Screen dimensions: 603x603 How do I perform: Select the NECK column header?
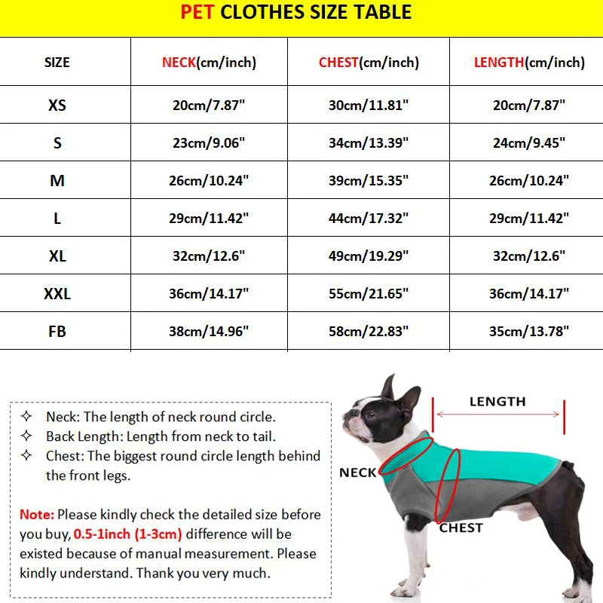coord(209,63)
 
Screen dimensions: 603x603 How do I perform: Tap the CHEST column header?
coord(369,63)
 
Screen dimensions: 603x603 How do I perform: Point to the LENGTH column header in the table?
coord(529,63)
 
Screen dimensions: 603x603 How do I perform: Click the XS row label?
coord(57,106)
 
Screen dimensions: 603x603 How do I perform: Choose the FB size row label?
coord(57,331)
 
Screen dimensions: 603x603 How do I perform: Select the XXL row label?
coord(57,293)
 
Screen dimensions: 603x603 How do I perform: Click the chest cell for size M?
coord(369,181)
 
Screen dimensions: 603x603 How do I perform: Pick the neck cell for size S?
coord(209,143)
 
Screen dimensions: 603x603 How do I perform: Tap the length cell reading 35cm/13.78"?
coord(529,331)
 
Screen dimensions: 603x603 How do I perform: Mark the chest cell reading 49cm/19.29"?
coord(369,256)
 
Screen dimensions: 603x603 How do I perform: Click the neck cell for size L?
coord(209,219)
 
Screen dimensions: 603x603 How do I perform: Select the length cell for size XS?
coord(529,106)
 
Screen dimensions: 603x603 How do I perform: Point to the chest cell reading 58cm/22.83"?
coord(369,331)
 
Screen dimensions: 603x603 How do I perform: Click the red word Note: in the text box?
coord(37,515)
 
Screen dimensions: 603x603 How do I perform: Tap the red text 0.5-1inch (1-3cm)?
coord(128,534)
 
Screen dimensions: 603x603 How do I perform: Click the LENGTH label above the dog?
coord(497,402)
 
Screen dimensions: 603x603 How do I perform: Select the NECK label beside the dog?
coord(357,473)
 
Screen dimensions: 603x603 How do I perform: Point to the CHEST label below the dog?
coord(461,528)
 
